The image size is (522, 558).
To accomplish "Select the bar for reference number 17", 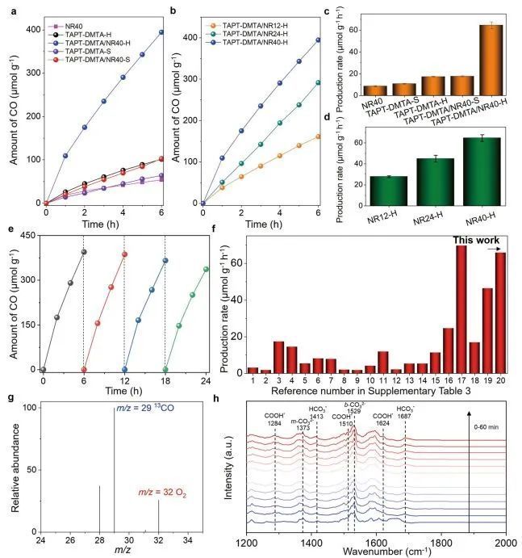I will [x=461, y=308].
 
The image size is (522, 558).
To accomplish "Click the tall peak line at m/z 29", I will [x=114, y=468].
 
